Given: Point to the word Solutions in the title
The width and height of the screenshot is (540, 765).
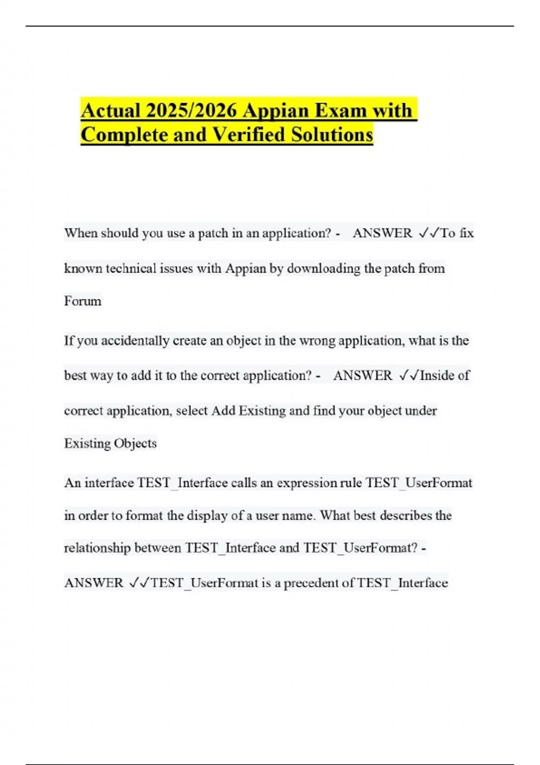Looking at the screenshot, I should pyautogui.click(x=332, y=135).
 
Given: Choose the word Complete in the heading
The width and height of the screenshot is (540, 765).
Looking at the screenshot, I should pyautogui.click(x=124, y=135).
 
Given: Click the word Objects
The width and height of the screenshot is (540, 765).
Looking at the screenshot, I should pyautogui.click(x=135, y=443).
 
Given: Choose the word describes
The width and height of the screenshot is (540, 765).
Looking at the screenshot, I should pyautogui.click(x=405, y=515).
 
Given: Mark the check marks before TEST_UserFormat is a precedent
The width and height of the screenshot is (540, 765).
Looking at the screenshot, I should pyautogui.click(x=139, y=583).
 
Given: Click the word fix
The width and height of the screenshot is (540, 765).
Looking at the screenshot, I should pyautogui.click(x=467, y=233).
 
